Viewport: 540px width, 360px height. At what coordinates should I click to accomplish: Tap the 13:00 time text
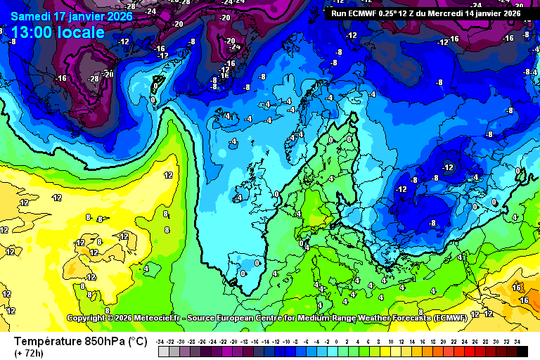point(31,32)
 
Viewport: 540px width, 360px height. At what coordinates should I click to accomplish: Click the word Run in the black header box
point(338,13)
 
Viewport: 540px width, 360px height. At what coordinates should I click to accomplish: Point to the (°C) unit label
point(137,342)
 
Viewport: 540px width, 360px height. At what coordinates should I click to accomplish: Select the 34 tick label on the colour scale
point(517,341)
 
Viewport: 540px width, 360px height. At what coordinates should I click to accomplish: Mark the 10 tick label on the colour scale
point(391,341)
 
